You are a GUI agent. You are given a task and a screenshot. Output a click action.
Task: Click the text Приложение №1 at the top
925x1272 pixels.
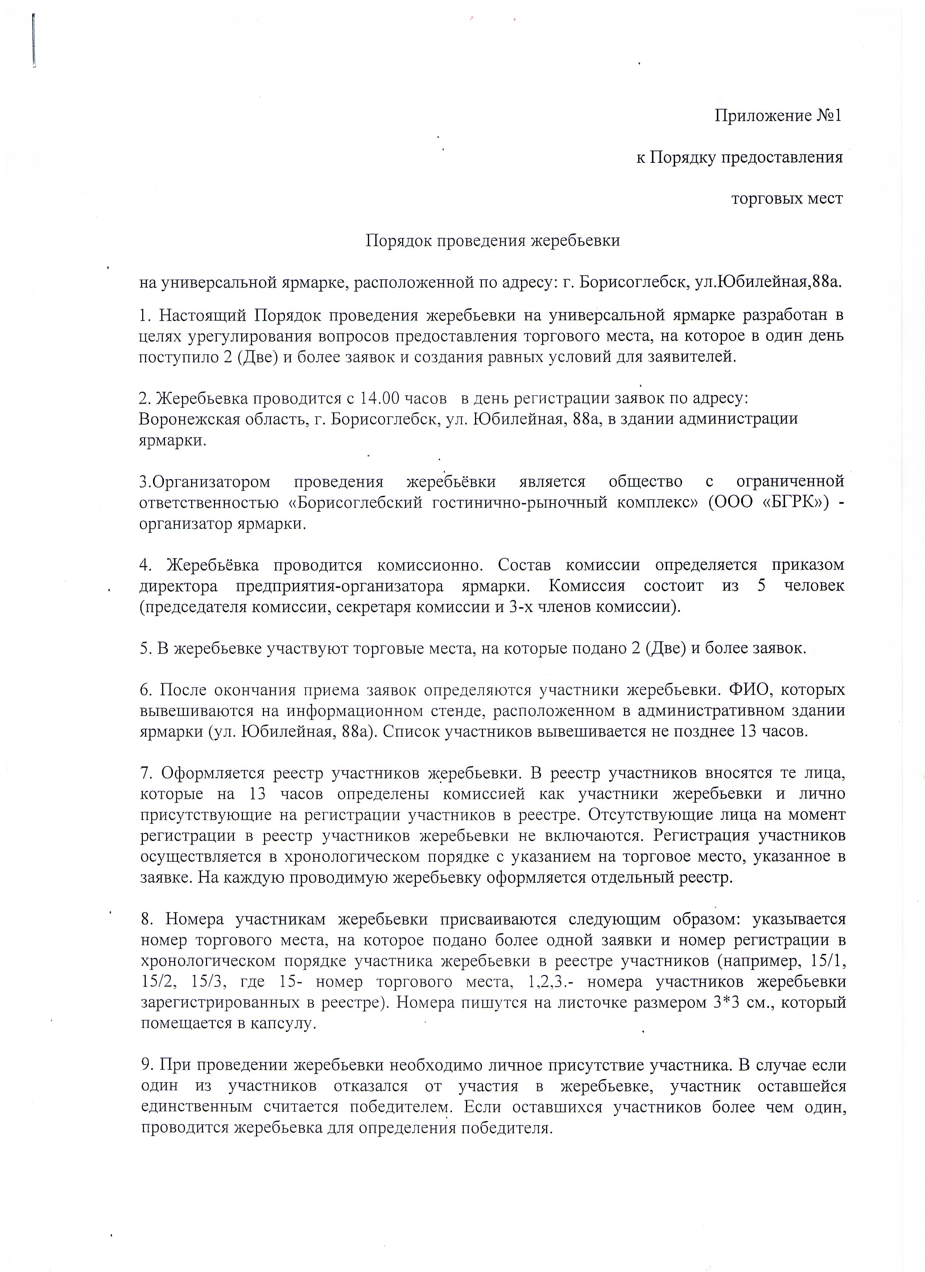[x=777, y=116]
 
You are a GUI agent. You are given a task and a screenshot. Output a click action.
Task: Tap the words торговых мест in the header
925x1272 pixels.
[x=786, y=198]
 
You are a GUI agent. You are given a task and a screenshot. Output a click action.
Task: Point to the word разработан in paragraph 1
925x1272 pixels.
[x=783, y=315]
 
